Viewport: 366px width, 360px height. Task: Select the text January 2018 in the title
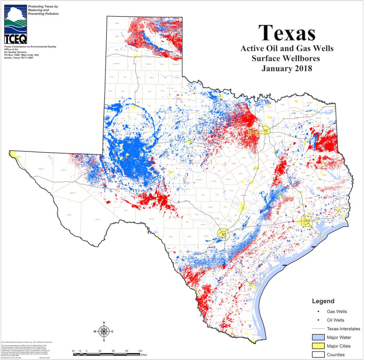click(287, 68)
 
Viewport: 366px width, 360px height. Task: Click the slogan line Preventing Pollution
click(43, 14)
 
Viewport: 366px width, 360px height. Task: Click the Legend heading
click(323, 301)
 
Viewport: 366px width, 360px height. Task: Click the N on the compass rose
click(104, 323)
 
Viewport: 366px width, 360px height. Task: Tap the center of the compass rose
click(104, 331)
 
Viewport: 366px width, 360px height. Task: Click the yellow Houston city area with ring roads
click(306, 222)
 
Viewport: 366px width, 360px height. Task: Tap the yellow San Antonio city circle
click(223, 234)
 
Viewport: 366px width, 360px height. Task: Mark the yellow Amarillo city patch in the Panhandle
click(136, 56)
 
